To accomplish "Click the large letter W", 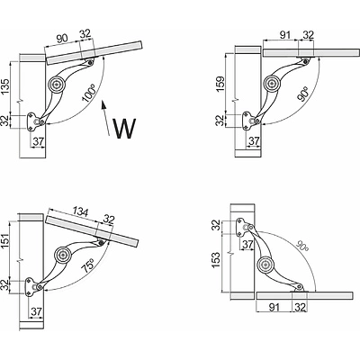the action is [124, 129].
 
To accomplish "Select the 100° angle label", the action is [88, 94].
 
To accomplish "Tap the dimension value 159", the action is [220, 85].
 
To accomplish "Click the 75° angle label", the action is [87, 265].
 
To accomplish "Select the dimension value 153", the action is [216, 260].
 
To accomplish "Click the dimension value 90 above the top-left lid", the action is [62, 38].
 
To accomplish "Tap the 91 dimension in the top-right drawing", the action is [284, 35].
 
